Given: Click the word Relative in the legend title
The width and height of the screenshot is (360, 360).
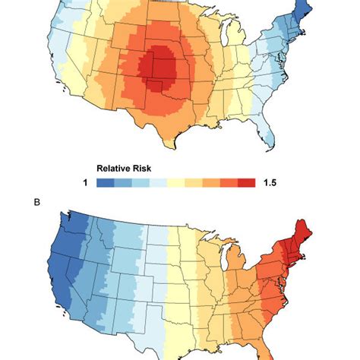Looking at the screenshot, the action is [113, 169].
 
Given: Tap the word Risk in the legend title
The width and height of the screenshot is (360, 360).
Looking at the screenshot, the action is [142, 169].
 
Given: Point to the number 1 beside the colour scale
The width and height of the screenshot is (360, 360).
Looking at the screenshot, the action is [86, 182].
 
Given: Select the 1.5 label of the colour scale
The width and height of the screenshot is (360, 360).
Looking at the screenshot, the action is [270, 182].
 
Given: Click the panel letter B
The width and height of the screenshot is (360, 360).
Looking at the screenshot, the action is [37, 203].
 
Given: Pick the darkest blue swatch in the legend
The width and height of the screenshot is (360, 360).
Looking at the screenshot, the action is [106, 183].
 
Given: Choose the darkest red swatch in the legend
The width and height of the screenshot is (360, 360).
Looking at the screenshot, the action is [247, 183].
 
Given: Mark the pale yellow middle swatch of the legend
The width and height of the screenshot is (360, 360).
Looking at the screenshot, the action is [176, 183].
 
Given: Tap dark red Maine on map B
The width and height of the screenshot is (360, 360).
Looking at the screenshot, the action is [303, 233].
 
